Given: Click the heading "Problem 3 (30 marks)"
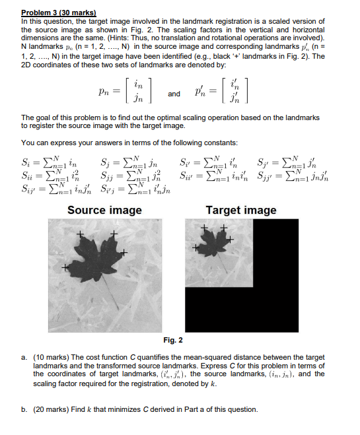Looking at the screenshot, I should (x=58, y=13).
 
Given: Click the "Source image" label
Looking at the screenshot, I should (x=104, y=211).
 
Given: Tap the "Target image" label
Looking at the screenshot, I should (x=241, y=211).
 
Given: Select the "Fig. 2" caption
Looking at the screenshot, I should (x=173, y=340).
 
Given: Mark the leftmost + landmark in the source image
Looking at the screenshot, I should (x=65, y=268).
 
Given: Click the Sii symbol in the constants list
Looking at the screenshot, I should (x=27, y=174).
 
